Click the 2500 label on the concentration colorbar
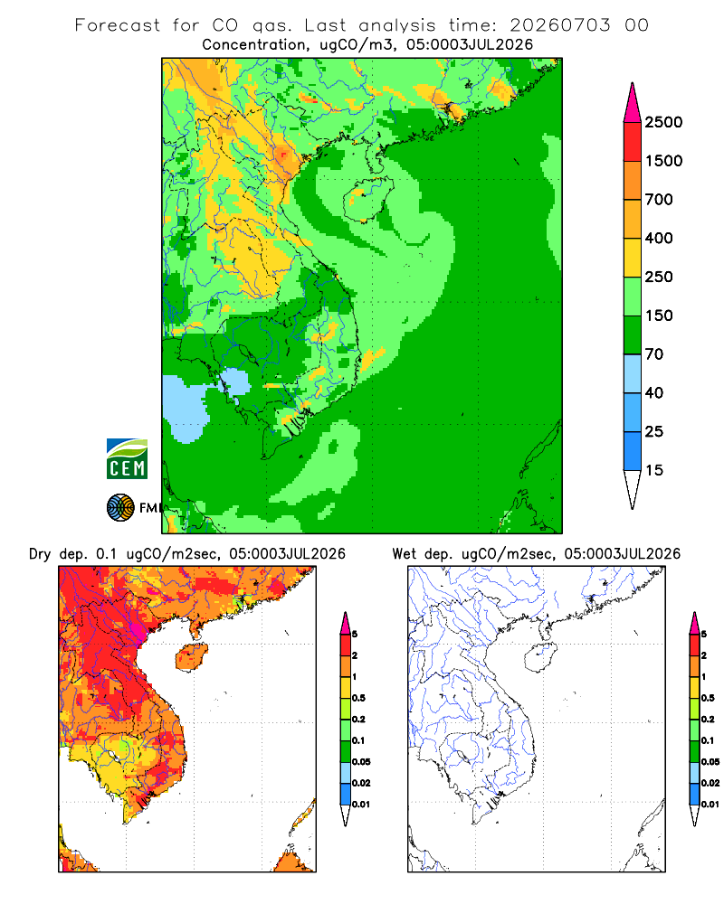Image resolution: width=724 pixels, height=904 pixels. pos(663,122)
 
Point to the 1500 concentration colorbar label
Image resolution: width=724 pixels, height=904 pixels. pos(663,161)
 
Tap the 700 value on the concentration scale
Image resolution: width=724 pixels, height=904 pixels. pos(659,200)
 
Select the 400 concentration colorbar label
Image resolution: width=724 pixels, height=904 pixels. pos(659,238)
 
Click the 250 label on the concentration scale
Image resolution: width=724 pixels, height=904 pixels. pos(659,277)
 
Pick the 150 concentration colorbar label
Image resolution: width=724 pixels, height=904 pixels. pos(659,315)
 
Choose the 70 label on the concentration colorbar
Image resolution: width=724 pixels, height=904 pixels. pos(654,354)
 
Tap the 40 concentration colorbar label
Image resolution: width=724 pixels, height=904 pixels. pos(654,392)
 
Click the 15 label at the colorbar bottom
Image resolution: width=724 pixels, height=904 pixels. pos(654,470)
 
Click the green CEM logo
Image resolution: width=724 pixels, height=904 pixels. pos(127,459)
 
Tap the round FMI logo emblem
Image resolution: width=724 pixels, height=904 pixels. pos(120,507)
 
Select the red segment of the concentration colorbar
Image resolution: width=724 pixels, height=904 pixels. pos(633,142)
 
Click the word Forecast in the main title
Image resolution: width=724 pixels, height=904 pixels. pos(118,25)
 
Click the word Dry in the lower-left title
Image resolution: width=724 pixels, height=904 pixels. pos(40,554)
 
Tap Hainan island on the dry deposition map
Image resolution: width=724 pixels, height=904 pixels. pos(191,656)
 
